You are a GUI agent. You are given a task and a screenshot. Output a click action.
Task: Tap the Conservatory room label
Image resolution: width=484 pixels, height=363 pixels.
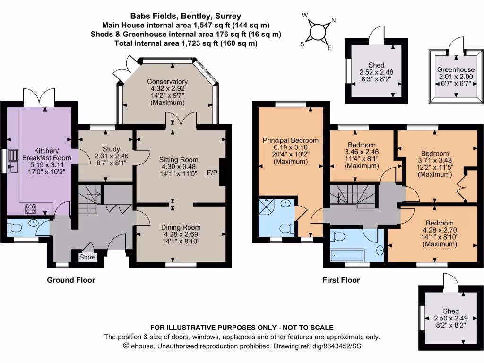[167, 82]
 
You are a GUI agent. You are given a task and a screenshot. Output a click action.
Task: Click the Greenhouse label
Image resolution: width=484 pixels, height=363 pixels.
[456, 70]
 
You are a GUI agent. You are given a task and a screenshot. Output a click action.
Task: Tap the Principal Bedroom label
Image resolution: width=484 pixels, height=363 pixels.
[291, 140]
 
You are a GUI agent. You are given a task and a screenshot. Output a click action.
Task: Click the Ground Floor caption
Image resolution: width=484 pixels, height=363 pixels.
[71, 280]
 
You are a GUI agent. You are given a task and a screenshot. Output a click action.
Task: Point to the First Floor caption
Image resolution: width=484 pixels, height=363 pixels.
[341, 280]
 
